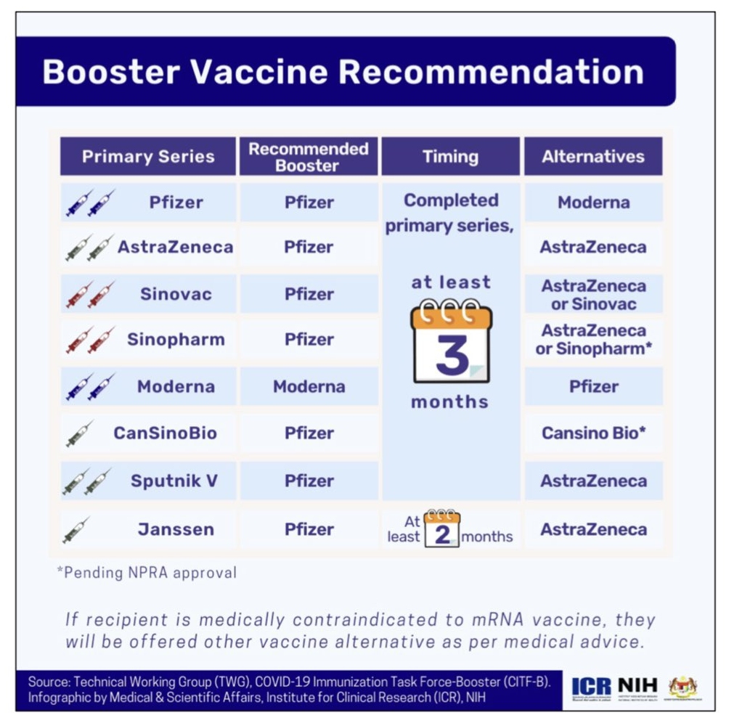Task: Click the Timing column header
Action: click(450, 157)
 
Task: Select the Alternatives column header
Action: click(593, 157)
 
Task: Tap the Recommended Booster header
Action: click(309, 157)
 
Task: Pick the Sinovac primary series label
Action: click(176, 294)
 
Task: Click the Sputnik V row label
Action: click(174, 481)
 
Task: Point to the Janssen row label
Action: click(176, 529)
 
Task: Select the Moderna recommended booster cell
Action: click(309, 386)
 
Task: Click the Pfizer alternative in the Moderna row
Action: click(594, 386)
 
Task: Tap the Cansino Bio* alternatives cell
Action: click(594, 433)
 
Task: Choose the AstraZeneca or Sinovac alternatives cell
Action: click(594, 294)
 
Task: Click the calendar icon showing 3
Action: click(451, 340)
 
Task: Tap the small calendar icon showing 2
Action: click(442, 529)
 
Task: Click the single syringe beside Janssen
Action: click(76, 530)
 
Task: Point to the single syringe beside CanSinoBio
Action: click(79, 433)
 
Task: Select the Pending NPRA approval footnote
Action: click(147, 573)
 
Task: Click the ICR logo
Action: click(591, 687)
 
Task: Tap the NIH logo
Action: click(638, 685)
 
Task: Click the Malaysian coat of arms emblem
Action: click(683, 687)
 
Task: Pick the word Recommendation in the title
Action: click(491, 72)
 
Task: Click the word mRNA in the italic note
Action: click(498, 619)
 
